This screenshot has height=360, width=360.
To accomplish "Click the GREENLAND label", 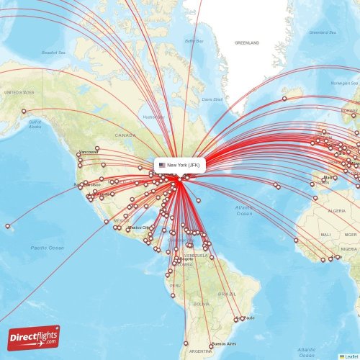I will tap(247, 43).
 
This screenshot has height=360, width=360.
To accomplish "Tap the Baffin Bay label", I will tap(194, 42).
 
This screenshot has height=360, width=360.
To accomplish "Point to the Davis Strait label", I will tap(212, 99).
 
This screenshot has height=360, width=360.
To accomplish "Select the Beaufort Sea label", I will tap(53, 52).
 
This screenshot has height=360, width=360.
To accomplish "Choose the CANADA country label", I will tap(125, 135).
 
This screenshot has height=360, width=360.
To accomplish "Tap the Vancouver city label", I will tap(89, 153).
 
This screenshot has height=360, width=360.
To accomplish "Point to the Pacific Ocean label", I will tap(48, 248).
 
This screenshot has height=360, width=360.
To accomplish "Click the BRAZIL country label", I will tap(228, 294).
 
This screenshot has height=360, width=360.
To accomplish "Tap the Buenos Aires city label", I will tap(226, 346).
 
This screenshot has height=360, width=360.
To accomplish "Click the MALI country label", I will tap(326, 235).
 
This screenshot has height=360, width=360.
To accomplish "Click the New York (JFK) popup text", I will tap(184, 165).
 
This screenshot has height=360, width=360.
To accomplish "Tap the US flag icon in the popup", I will tap(162, 165).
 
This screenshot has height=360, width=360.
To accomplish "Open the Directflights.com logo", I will tap(34, 337).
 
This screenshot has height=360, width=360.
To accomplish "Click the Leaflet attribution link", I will tap(351, 356).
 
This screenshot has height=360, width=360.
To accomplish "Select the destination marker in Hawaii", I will tap(8, 226).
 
